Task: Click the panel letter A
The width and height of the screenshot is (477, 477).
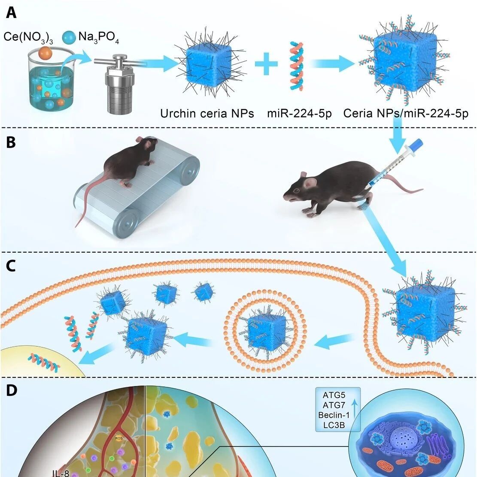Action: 11,13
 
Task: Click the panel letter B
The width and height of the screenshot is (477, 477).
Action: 11,142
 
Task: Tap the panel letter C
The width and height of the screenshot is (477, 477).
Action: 11,266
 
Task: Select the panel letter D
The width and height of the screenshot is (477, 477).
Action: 12,391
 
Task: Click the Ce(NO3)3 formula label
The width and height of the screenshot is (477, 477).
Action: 28,37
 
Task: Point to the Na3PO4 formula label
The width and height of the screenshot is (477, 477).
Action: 98,37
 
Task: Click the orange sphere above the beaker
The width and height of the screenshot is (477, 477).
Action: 46,53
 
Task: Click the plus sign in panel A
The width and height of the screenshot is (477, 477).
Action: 266,64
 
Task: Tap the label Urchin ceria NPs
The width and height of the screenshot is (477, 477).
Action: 207,114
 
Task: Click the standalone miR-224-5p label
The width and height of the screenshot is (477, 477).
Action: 299,114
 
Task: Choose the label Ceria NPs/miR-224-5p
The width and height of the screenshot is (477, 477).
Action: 405,114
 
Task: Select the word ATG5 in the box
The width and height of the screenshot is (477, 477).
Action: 334,395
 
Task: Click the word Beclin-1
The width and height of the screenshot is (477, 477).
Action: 334,415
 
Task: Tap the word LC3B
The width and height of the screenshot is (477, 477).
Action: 334,425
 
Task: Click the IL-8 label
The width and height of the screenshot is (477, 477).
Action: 61,473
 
